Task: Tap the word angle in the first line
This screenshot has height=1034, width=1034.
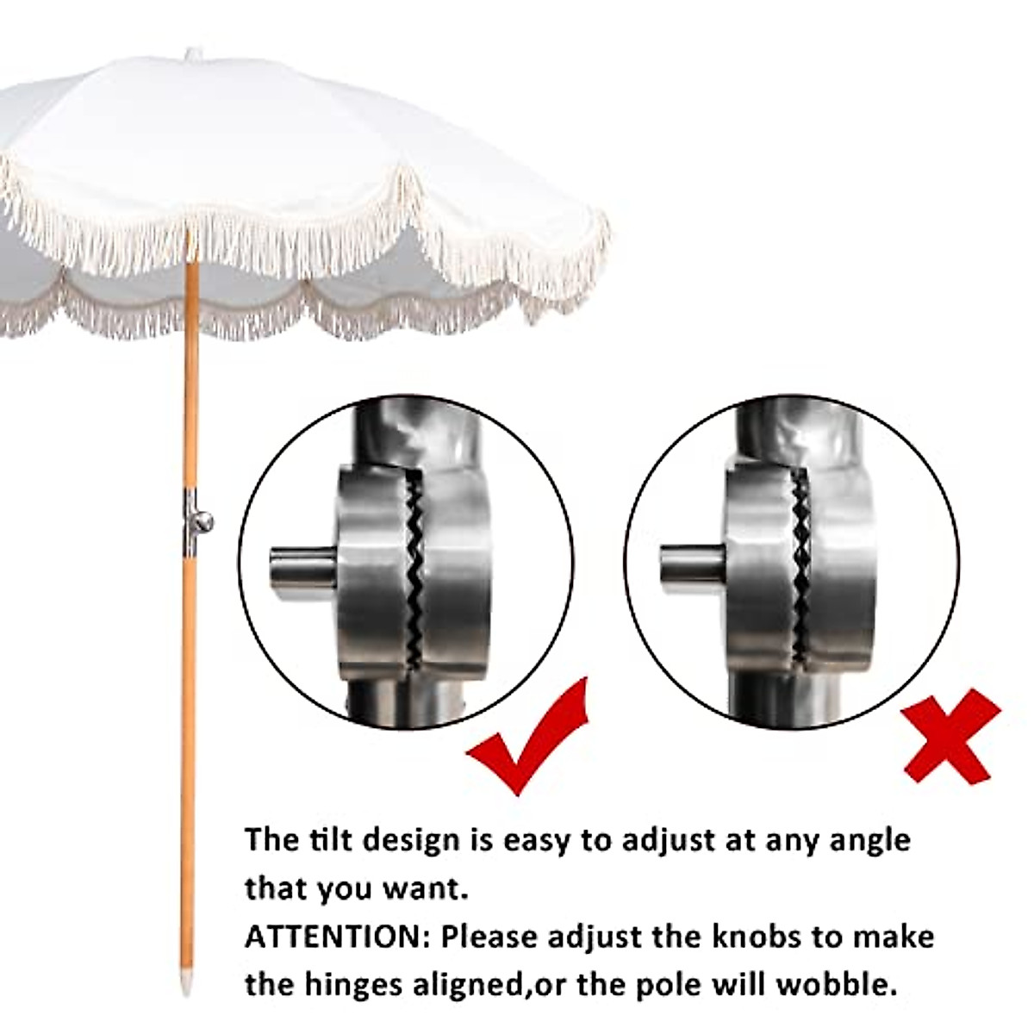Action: click(x=869, y=840)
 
